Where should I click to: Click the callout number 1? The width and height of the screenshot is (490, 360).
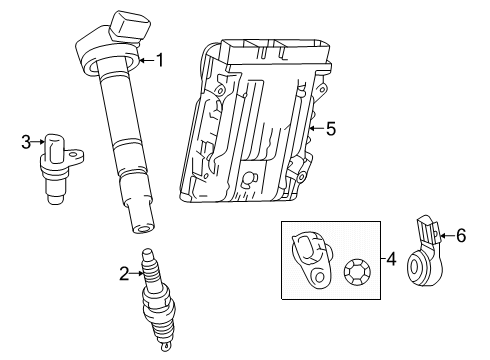pyautogui.click(x=160, y=60)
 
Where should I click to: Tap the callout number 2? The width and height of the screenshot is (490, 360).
pyautogui.click(x=124, y=274)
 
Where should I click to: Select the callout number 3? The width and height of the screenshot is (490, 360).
pyautogui.click(x=26, y=142)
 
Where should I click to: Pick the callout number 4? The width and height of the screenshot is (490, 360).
pyautogui.click(x=391, y=259)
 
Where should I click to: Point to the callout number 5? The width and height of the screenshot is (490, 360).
pyautogui.click(x=331, y=129)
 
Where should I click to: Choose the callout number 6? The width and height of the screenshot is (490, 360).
pyautogui.click(x=461, y=236)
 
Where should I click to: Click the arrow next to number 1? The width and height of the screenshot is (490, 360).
pyautogui.click(x=147, y=60)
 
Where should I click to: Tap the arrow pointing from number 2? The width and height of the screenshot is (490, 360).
pyautogui.click(x=136, y=274)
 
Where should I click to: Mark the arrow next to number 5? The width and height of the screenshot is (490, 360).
pyautogui.click(x=317, y=128)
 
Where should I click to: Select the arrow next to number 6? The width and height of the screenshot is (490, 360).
pyautogui.click(x=447, y=236)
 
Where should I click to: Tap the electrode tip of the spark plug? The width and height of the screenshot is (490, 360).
pyautogui.click(x=164, y=347)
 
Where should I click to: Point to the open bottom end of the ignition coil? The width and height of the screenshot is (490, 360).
pyautogui.click(x=143, y=229)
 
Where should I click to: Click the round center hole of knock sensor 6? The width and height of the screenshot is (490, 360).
pyautogui.click(x=414, y=268)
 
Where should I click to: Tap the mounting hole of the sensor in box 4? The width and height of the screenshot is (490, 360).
pyautogui.click(x=319, y=277)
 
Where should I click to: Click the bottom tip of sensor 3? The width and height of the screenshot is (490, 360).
pyautogui.click(x=55, y=199)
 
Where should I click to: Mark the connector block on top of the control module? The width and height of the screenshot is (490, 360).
pyautogui.click(x=276, y=52)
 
